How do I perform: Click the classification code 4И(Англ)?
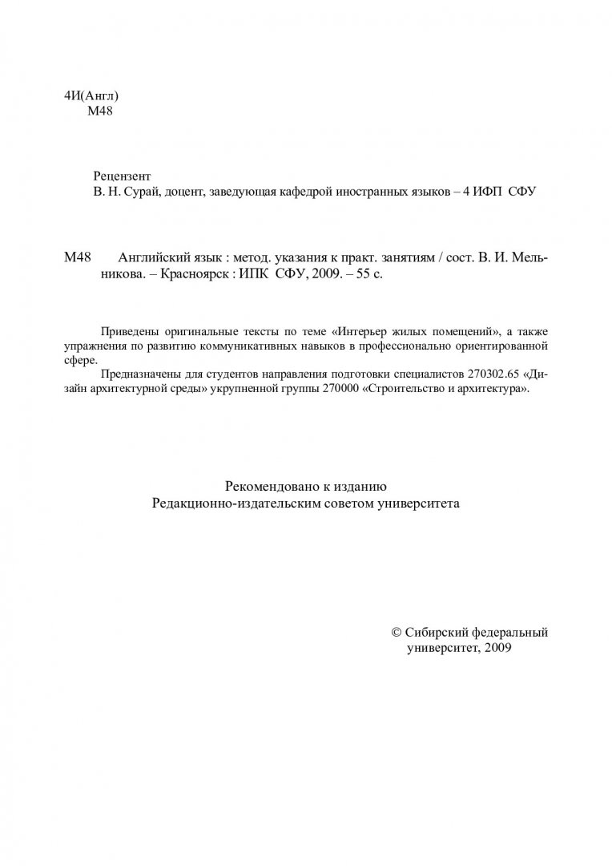[91, 96]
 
